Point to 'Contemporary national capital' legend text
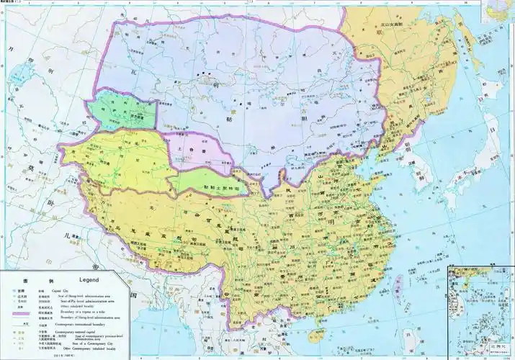click(86, 333)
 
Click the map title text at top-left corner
click(14, 3)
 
